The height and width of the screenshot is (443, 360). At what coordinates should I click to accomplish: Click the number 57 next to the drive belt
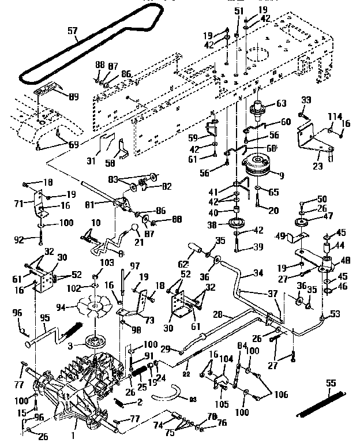pyautogui.click(x=72, y=31)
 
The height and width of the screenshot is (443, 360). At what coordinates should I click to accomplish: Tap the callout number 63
pyautogui.click(x=281, y=104)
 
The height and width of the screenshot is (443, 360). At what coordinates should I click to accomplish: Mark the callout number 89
pyautogui.click(x=74, y=97)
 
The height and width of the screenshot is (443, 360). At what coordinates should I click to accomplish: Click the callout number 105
pyautogui.click(x=222, y=398)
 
